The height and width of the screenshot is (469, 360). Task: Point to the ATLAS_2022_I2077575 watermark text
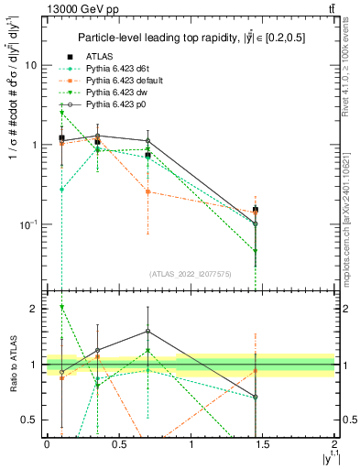(190, 274)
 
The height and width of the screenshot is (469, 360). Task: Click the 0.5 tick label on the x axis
(118, 444)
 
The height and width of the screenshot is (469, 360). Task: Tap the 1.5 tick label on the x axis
(263, 444)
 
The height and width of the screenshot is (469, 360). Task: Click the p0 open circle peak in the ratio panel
(147, 332)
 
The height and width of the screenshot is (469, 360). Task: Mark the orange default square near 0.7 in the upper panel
(147, 191)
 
